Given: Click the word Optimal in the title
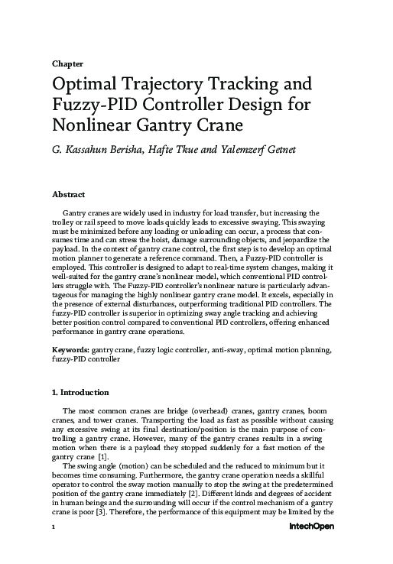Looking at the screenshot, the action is (x=84, y=83).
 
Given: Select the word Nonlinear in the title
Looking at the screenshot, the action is (x=93, y=124).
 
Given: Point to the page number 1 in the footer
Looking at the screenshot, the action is (x=54, y=549).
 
